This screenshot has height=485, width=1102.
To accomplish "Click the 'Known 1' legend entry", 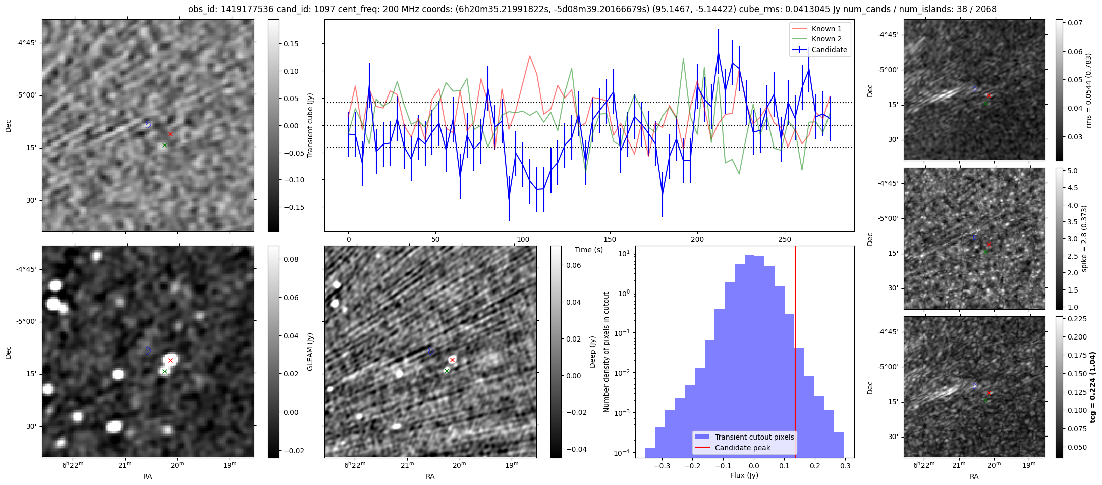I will pos(826,29).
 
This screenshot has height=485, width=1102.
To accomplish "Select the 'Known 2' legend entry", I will pos(826,39).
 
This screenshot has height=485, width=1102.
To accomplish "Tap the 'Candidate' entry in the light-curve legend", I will pos(829,50).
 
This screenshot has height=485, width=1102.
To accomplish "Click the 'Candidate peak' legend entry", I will pos(742,448).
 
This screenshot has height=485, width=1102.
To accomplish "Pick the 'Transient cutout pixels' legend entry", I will pos(754,437).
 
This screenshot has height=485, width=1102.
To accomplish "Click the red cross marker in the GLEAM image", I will pos(171,360).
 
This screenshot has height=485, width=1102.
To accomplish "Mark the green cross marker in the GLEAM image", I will pos(164,371).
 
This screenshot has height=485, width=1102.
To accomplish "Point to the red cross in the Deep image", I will pos(452,360).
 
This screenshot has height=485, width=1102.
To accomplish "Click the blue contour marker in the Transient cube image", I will pos(148,124).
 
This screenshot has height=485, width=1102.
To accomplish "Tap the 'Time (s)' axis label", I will pos(589,250).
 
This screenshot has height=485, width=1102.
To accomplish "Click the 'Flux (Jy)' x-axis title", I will pos(744,475).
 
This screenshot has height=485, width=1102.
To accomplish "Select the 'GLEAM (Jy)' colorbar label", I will pos(310,352).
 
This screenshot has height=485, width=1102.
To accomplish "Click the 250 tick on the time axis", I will pos(785,239).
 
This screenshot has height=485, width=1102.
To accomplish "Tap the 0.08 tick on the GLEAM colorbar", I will pos(289,259).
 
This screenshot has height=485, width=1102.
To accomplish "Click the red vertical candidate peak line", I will pos(795,354).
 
